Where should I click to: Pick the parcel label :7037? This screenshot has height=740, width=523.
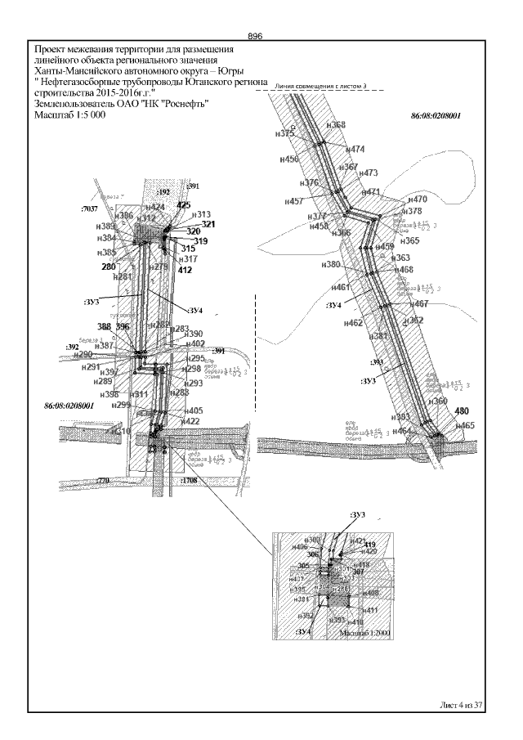(x=90, y=210)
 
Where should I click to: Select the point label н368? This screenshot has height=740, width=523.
(x=335, y=125)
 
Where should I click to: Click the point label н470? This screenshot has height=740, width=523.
(x=416, y=200)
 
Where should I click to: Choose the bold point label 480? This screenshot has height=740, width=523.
(x=463, y=410)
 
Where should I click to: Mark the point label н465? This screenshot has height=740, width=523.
(x=464, y=425)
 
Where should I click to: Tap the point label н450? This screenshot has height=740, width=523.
(x=288, y=159)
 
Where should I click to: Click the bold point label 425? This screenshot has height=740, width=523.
(x=183, y=205)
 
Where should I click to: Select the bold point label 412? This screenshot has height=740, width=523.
(x=185, y=270)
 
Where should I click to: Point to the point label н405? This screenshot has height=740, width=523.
(x=193, y=410)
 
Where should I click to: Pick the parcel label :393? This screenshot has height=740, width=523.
(x=377, y=361)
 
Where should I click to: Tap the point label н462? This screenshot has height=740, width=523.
(x=353, y=323)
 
